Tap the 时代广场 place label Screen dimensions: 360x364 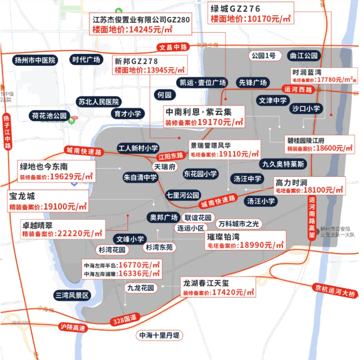pyautogui.click(x=86, y=60)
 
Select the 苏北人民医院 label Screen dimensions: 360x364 pyautogui.click(x=98, y=102)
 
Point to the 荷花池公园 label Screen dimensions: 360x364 pyautogui.click(x=49, y=115)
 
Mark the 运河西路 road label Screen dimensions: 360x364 pyautogui.click(x=298, y=89)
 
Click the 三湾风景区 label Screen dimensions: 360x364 pyautogui.click(x=73, y=295)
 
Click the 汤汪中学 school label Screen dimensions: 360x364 pyautogui.click(x=248, y=179)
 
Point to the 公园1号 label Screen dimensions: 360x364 pyautogui.click(x=263, y=56)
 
